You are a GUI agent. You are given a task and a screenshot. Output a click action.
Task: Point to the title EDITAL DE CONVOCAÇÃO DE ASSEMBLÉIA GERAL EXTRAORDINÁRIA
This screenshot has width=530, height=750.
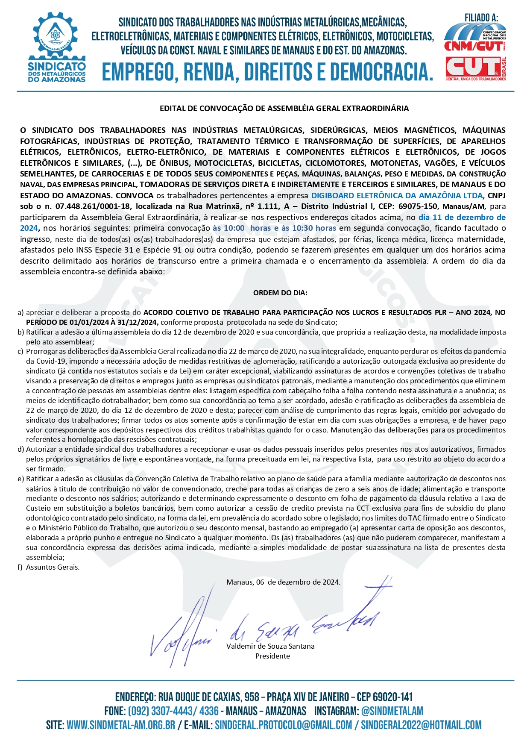click(284, 109)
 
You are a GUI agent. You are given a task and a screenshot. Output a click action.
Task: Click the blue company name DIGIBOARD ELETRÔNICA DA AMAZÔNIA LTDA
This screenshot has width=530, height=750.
click(397, 196)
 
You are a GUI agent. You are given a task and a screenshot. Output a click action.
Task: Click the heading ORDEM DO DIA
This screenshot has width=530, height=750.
click(280, 293)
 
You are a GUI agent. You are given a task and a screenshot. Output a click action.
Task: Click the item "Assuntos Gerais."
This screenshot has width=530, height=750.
click(53, 568)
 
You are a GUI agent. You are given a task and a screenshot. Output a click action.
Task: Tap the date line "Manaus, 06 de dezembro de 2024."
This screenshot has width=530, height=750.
click(283, 582)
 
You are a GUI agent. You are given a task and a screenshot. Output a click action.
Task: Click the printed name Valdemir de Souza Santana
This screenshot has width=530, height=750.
click(270, 646)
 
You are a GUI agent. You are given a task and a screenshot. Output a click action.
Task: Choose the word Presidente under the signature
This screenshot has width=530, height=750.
click(272, 656)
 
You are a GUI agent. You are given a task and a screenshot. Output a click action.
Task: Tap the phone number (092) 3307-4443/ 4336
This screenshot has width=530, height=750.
click(173, 711)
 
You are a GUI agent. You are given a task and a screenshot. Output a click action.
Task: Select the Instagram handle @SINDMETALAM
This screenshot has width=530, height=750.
click(392, 711)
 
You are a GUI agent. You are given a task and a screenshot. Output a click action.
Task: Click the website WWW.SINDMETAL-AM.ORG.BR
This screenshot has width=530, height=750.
click(121, 725)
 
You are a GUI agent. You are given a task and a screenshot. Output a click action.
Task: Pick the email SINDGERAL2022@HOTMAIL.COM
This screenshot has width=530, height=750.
click(421, 725)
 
